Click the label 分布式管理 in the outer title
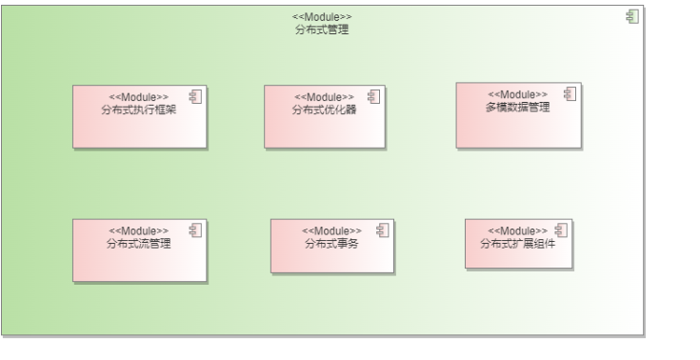point(323,30)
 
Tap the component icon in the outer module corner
point(630,15)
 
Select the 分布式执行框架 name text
point(139,109)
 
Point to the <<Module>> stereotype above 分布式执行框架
point(139,97)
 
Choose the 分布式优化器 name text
point(324,109)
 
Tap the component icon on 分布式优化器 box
point(373,95)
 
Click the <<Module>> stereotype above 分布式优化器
point(324,97)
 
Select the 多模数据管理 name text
point(517,107)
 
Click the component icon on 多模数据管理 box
point(570,93)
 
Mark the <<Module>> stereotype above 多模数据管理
point(517,94)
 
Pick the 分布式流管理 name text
point(139,243)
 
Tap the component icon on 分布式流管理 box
point(195,230)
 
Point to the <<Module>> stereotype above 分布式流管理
point(139,231)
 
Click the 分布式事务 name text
point(331,243)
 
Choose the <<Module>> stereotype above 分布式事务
point(331,231)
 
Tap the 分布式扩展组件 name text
point(517,243)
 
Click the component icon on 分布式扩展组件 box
point(560,230)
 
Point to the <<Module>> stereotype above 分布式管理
point(323,18)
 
